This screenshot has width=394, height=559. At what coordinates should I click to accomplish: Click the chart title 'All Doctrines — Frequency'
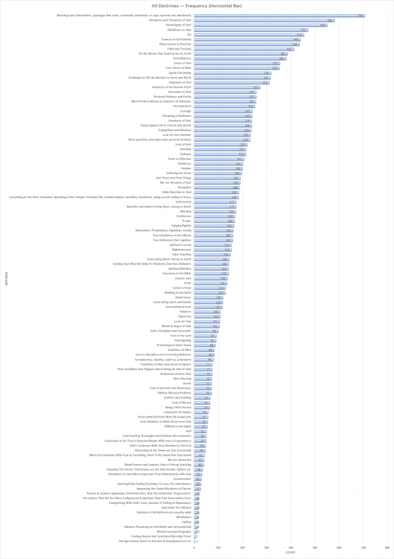tap(197, 5)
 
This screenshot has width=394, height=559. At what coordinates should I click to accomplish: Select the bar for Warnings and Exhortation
tap(279, 16)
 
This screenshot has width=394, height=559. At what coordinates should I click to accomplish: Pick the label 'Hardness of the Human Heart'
tap(168, 87)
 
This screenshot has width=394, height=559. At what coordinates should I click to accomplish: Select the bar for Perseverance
tap(224, 106)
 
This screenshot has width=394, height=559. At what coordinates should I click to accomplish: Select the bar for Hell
tap(200, 431)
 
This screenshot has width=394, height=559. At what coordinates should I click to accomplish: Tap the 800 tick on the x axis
tap(386, 547)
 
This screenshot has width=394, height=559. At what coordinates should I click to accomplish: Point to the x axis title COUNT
tap(290, 554)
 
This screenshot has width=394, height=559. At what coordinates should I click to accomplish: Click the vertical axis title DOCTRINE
tap(6, 278)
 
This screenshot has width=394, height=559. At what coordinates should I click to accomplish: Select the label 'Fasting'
tap(186, 522)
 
